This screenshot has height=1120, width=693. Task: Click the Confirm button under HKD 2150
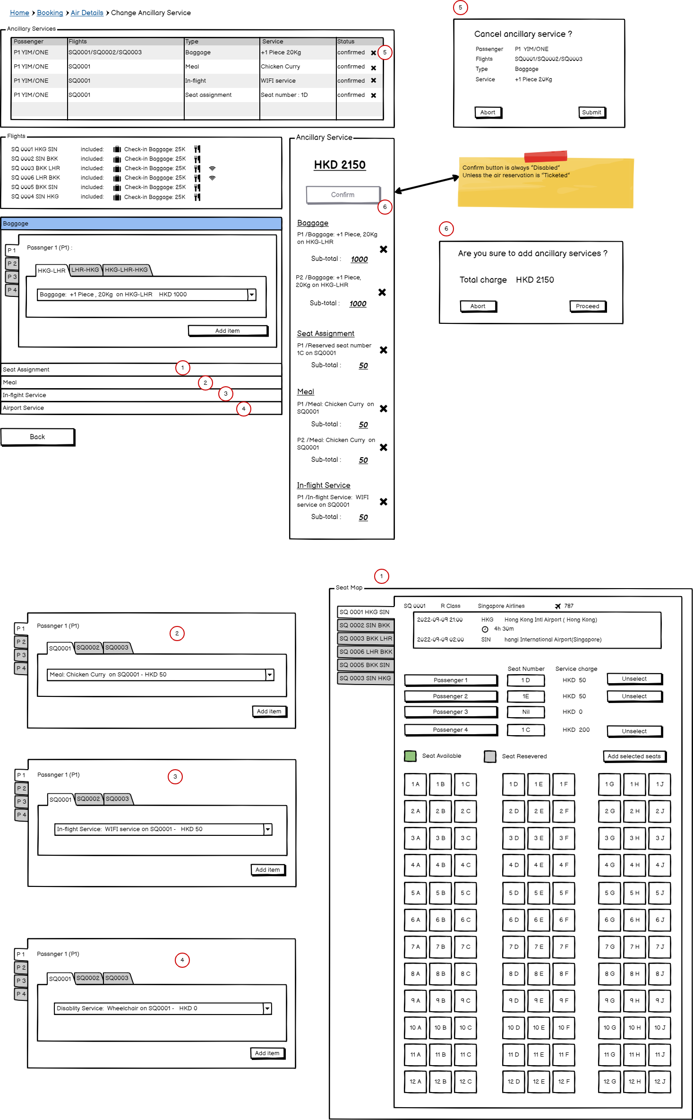tap(343, 195)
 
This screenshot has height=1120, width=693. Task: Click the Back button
tap(37, 437)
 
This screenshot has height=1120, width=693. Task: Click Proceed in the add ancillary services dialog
tap(587, 306)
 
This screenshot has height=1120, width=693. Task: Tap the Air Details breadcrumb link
tap(87, 13)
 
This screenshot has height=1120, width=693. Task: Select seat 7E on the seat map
tap(539, 947)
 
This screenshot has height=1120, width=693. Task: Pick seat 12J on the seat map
tap(659, 1082)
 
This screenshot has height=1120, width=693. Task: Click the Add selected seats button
tap(634, 756)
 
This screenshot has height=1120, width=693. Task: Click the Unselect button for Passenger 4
tap(634, 731)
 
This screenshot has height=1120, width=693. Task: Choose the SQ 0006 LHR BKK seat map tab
tap(366, 652)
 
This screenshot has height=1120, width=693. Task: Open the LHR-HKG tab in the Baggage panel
tap(85, 270)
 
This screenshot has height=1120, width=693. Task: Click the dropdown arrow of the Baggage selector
tap(252, 295)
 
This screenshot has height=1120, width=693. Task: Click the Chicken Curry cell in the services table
tap(281, 67)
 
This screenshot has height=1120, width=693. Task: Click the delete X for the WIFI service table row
tap(374, 81)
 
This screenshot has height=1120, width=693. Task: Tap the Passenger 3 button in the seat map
tap(450, 712)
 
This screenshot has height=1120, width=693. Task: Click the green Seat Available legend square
tap(410, 756)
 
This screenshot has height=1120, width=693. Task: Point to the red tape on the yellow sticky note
tap(545, 156)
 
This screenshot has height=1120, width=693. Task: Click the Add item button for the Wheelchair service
tap(267, 1053)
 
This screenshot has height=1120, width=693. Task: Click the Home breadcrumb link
tap(19, 13)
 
